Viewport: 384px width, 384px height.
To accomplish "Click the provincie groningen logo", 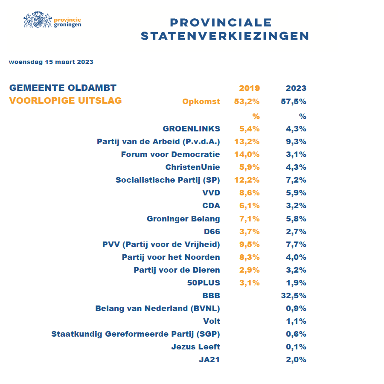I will point(52,20).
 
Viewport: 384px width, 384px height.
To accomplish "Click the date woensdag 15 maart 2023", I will point(51,62).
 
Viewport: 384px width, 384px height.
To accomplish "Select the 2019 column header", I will point(249,88).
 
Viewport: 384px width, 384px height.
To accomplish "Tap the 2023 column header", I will point(296,88).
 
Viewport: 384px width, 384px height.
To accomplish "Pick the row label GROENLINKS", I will point(192,129).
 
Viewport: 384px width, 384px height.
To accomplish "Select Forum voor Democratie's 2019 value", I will point(247,154).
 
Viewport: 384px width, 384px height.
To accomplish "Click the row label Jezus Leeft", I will point(196,346).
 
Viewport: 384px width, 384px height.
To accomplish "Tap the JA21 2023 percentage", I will point(296,359).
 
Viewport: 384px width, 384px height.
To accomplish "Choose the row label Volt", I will point(212,321).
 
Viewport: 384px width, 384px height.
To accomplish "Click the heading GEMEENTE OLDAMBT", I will point(63,88).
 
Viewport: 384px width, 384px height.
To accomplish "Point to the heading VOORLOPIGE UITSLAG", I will point(66,101).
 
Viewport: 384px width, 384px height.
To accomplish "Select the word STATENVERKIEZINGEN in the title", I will point(225,36).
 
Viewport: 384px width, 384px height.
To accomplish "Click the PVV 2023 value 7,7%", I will point(296,244).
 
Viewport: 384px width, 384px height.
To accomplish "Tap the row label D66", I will point(212,231).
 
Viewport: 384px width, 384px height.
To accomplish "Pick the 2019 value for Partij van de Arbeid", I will point(247,142).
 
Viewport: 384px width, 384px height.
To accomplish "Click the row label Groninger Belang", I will point(183,218).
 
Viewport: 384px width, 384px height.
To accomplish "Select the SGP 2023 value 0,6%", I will point(296,334).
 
